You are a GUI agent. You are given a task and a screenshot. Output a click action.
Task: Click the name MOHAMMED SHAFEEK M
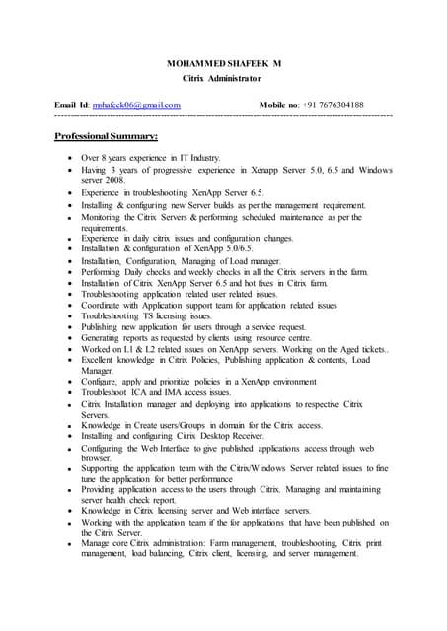222,61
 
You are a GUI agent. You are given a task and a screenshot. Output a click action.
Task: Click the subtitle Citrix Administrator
222,76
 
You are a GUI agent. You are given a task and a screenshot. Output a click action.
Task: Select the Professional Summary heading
99,135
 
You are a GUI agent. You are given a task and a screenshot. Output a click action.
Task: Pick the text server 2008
105,181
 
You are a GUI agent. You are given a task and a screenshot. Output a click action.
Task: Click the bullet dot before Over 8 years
66,158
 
